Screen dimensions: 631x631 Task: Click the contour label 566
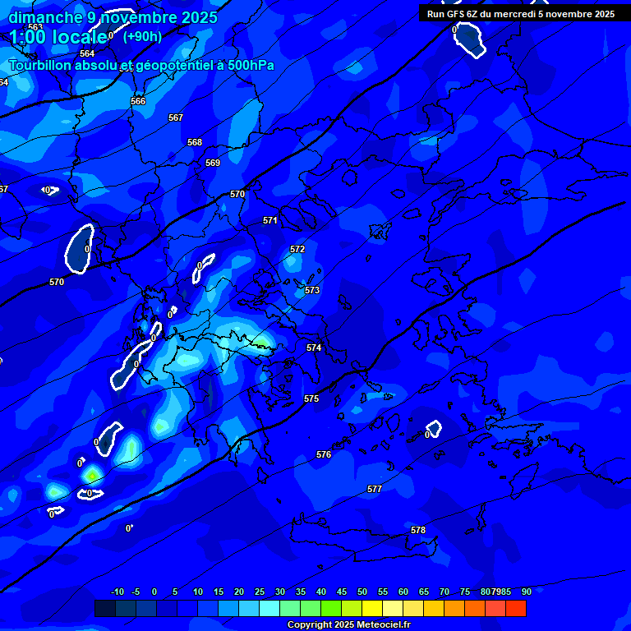coord(138,101)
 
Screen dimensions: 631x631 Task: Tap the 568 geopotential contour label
coord(195,142)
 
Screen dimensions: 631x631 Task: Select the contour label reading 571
coord(270,220)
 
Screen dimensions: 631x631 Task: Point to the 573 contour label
coord(312,290)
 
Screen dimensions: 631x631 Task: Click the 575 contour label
coord(311,398)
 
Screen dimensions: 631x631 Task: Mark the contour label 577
coord(375,489)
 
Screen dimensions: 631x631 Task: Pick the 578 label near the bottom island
coord(418,530)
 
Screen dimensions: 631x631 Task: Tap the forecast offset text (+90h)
coord(142,36)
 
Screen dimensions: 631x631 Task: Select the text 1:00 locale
coord(58,37)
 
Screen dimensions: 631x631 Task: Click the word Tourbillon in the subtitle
coord(42,65)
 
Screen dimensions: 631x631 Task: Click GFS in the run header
coord(458,14)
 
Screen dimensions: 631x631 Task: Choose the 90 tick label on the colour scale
coord(526,592)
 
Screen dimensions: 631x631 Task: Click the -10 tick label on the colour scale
coord(117,592)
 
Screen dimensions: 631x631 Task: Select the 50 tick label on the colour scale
coord(362,592)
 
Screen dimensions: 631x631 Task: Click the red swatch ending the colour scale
coord(515,608)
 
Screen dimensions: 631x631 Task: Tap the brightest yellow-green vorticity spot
coord(93,474)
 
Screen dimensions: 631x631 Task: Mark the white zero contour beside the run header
coord(469,39)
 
